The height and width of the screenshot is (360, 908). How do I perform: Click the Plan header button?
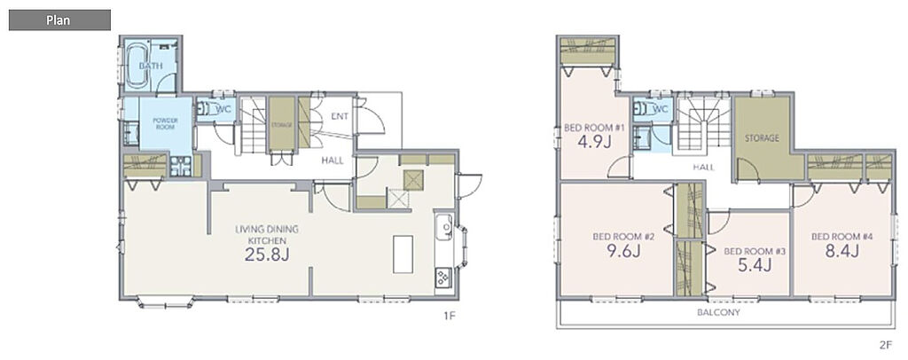click(x=59, y=20)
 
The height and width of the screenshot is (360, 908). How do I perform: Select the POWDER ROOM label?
click(x=165, y=123)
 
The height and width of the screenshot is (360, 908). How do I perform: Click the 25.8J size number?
click(x=266, y=254)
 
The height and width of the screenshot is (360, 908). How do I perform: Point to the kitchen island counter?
click(x=403, y=254)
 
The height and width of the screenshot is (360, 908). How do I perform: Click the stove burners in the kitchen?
click(x=443, y=278)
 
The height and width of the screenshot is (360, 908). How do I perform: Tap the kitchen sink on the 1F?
click(x=444, y=226)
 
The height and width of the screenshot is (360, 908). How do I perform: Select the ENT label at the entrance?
click(x=340, y=116)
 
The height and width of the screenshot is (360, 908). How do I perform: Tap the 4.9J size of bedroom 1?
click(x=594, y=143)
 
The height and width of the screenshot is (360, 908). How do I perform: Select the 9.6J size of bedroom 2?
click(x=623, y=252)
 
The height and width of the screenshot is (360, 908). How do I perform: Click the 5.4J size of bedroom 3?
click(x=755, y=266)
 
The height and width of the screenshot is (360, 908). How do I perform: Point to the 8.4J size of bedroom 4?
click(x=841, y=251)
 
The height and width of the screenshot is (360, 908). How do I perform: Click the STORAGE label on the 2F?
click(x=762, y=138)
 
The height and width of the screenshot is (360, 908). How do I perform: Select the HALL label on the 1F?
click(x=333, y=160)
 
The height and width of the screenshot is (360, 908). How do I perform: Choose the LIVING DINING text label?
click(x=267, y=229)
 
